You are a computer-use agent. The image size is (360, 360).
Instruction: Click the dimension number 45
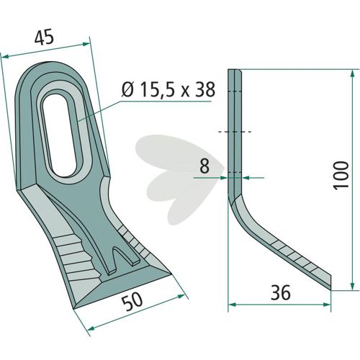pyautogui.click(x=44, y=38)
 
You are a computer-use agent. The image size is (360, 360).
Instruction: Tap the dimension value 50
pyautogui.click(x=132, y=301)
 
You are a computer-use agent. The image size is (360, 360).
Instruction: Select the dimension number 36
pyautogui.click(x=281, y=292)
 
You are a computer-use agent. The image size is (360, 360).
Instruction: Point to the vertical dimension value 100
pyautogui.click(x=341, y=176)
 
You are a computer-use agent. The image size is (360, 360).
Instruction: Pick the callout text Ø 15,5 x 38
pyautogui.click(x=168, y=90)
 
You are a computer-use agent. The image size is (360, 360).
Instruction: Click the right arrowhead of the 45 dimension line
pyautogui.click(x=86, y=44)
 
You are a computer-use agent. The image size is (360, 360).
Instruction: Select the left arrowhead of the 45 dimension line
pyautogui.click(x=5, y=56)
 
